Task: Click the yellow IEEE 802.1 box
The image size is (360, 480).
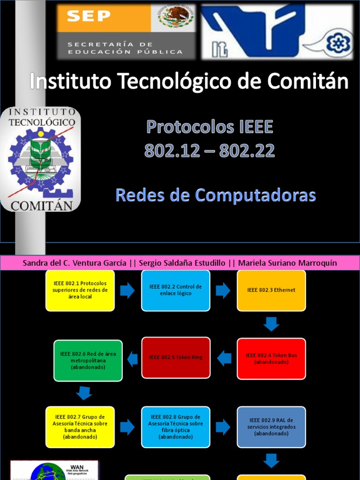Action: [x=80, y=290]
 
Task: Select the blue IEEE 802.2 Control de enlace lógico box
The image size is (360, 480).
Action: [x=176, y=290]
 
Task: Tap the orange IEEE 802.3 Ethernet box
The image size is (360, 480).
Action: [x=271, y=290]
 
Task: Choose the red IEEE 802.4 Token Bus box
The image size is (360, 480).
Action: [x=271, y=359]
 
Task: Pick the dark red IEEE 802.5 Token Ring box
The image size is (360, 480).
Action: [x=176, y=358]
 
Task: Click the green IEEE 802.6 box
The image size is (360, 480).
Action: [x=88, y=360]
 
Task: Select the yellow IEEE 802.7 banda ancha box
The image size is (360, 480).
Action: [x=80, y=427]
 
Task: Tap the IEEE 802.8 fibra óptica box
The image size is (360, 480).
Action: [x=176, y=427]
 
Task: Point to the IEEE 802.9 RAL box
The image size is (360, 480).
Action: [x=271, y=427]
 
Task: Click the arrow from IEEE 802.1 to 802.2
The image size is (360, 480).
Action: [x=127, y=291]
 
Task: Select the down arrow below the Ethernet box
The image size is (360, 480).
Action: [x=271, y=324]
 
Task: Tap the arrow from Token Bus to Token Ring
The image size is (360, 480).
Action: [x=224, y=359]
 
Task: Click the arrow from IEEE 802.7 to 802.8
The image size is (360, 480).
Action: [x=127, y=427]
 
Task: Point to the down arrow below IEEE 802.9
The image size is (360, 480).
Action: [x=271, y=461]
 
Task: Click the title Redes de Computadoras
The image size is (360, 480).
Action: [x=216, y=195]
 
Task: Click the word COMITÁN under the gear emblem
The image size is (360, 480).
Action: [x=42, y=205]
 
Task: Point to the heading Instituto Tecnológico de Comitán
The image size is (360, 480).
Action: [x=189, y=82]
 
